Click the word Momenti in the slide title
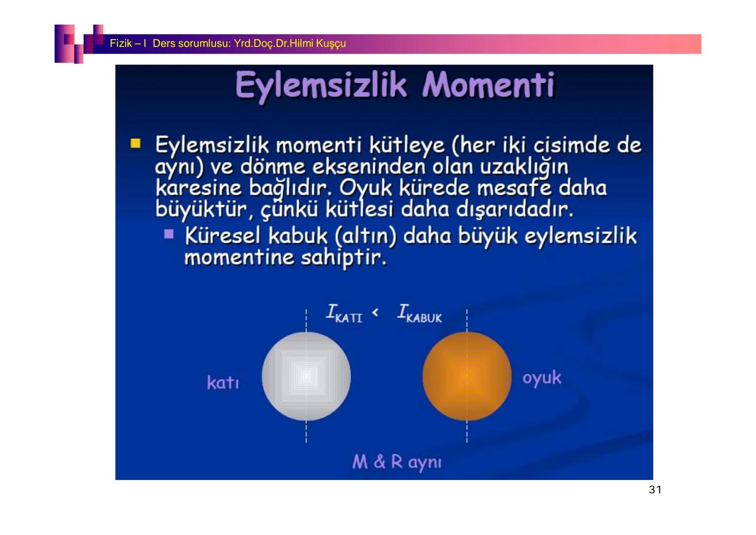coord(488,85)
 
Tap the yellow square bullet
coord(136,144)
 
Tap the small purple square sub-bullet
coord(169,234)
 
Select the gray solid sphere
coord(306,376)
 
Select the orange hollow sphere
coord(466,376)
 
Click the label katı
coord(223,382)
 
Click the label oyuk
coord(542,378)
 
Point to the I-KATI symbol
coord(344,313)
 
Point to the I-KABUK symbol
coord(419,314)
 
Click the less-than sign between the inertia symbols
coord(375,312)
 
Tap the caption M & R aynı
coord(397,462)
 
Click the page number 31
coord(655,490)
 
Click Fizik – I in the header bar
coord(127,44)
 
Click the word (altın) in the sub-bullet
coord(366,237)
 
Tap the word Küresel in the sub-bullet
coord(222,236)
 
